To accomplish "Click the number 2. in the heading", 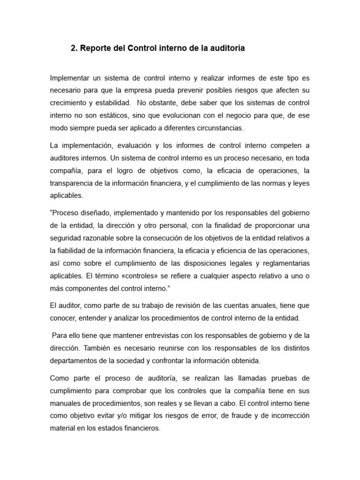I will (x=74, y=48).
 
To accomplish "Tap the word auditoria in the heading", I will (x=225, y=48).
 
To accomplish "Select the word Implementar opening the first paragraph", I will (x=72, y=77).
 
